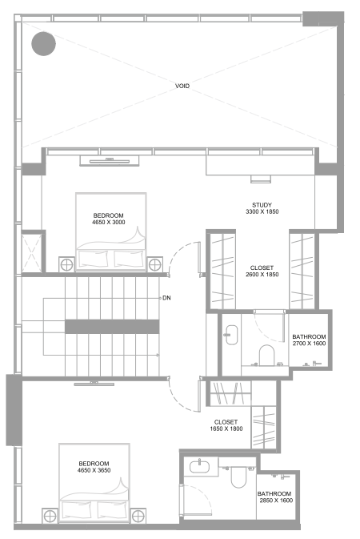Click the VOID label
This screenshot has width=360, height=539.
pos(182,86)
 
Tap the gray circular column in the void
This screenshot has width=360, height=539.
pos(43,44)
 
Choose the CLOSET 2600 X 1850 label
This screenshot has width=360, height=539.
pos(261,272)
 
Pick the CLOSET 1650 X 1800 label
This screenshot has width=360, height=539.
pos(227,425)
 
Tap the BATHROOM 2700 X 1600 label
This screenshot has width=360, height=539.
pos(308,340)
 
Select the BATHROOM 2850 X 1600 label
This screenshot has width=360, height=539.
pos(274,497)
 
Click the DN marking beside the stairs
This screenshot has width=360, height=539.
pos(166,299)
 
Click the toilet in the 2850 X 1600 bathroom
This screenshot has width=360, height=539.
pos(238,477)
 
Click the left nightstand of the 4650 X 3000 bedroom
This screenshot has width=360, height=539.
pos(66,263)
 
